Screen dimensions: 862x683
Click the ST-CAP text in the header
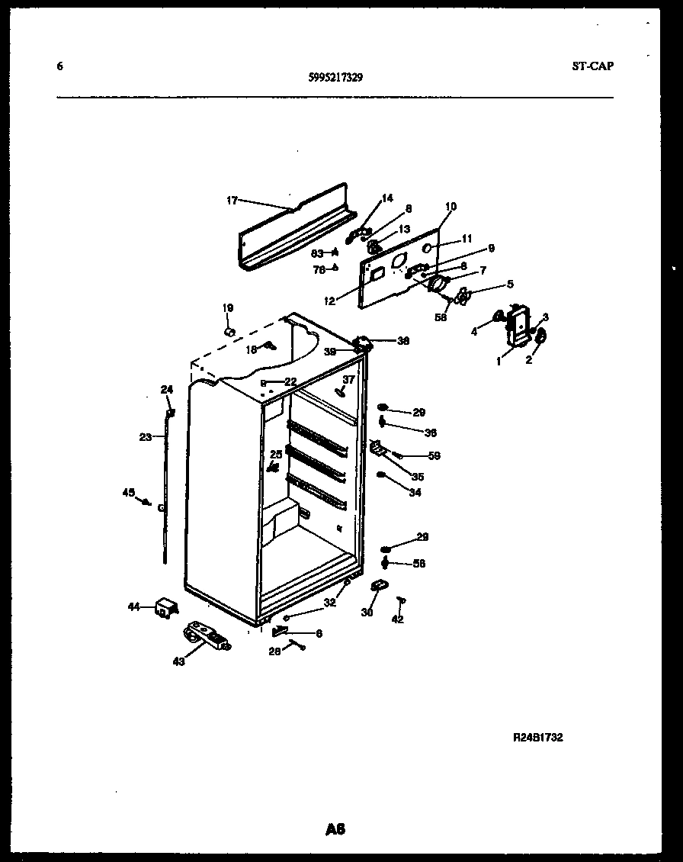pos(592,66)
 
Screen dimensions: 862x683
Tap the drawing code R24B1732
pos(537,738)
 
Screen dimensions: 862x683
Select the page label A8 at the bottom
pos(335,828)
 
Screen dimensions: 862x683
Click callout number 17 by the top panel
pos(232,201)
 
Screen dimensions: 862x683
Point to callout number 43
pos(178,661)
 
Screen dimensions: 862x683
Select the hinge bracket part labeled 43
pos(207,635)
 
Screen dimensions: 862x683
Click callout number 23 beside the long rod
pos(146,437)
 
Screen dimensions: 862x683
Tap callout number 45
pos(128,492)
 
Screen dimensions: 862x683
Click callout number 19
pos(227,307)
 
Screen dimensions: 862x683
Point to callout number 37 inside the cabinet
pos(348,379)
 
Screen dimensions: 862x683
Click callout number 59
pos(434,456)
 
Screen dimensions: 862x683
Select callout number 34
pos(414,493)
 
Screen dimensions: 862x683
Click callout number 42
pos(397,619)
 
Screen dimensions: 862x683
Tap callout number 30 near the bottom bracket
pos(367,612)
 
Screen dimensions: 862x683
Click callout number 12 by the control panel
pos(329,301)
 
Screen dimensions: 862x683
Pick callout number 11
pos(467,239)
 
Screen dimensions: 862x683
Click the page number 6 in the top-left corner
pos(59,66)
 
